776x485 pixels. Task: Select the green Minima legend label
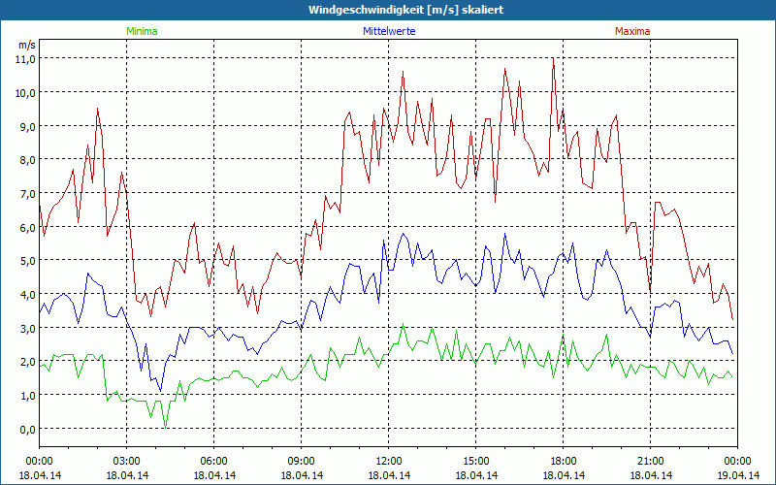pyautogui.click(x=142, y=31)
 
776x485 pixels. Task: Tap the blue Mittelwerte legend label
pyautogui.click(x=388, y=31)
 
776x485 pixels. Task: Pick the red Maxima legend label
pyautogui.click(x=632, y=31)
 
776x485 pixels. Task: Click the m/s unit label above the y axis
pyautogui.click(x=26, y=45)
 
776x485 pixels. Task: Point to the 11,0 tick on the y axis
pyautogui.click(x=25, y=58)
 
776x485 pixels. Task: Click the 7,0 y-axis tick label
pyautogui.click(x=25, y=193)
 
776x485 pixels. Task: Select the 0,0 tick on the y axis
pyautogui.click(x=25, y=429)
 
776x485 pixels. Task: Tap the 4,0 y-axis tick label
pyautogui.click(x=25, y=294)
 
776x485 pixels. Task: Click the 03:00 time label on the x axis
pyautogui.click(x=127, y=461)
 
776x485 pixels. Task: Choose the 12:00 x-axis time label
pyautogui.click(x=389, y=461)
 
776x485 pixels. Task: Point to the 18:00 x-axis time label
pyautogui.click(x=564, y=461)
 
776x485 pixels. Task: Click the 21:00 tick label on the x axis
pyautogui.click(x=651, y=461)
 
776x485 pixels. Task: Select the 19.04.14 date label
pyautogui.click(x=738, y=474)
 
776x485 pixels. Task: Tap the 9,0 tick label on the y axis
pyautogui.click(x=25, y=126)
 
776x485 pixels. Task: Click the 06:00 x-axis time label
pyautogui.click(x=214, y=461)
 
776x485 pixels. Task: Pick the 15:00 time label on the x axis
pyautogui.click(x=476, y=461)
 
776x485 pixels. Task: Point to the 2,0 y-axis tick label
pyautogui.click(x=25, y=362)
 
